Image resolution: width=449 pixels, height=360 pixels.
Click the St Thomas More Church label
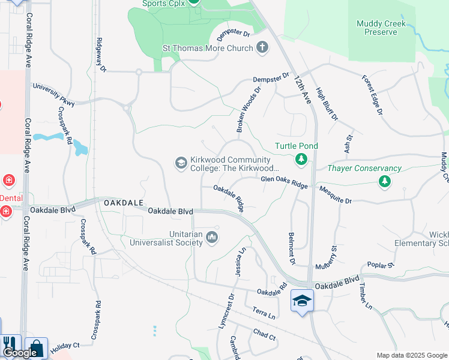pyautogui.click(x=207, y=48)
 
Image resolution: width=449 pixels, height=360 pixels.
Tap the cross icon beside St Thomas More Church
pyautogui.click(x=262, y=48)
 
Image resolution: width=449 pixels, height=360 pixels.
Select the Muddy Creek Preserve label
pyautogui.click(x=381, y=28)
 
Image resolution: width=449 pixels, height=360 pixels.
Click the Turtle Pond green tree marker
pyautogui.click(x=301, y=160)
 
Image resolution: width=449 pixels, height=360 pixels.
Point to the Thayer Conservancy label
pyautogui.click(x=364, y=169)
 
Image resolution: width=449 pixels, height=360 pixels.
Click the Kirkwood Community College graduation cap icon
pyautogui.click(x=181, y=163)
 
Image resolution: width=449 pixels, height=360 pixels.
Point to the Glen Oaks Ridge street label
pyautogui.click(x=284, y=182)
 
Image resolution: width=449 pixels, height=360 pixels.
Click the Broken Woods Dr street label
pyautogui.click(x=249, y=109)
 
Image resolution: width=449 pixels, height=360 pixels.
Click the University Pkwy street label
pyautogui.click(x=53, y=95)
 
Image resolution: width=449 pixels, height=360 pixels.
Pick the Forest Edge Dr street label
pyautogui.click(x=372, y=95)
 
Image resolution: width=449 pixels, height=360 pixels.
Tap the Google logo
pyautogui.click(x=20, y=353)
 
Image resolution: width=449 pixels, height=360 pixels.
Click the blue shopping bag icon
pyautogui.click(x=36, y=348)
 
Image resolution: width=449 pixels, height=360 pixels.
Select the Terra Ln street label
pyautogui.click(x=264, y=313)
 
